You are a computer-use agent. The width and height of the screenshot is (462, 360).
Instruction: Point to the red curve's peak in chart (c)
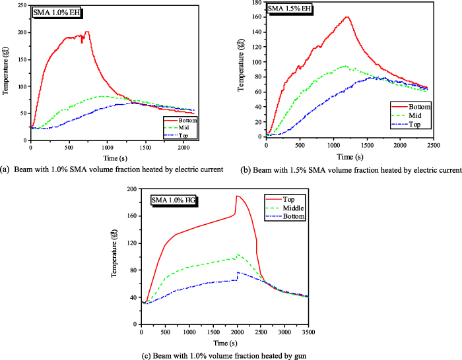pyautogui.click(x=237, y=196)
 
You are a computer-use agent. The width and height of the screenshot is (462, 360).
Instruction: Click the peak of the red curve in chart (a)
pyautogui.click(x=87, y=32)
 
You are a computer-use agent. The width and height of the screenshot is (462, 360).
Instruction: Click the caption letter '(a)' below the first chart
pyautogui.click(x=7, y=170)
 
